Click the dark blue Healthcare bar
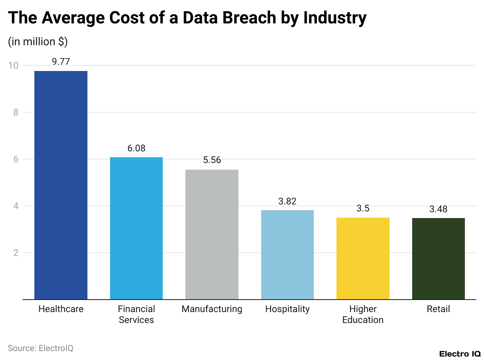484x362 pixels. coord(61,185)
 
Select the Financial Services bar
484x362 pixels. coord(136,228)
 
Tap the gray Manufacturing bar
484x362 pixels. coord(212,234)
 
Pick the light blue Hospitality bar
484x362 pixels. coord(287,255)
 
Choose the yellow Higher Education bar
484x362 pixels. coord(363,259)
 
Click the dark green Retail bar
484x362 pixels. coord(438,259)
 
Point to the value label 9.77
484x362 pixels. coord(61,62)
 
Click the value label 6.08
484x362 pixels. coord(136,148)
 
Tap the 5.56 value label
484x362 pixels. coord(212,160)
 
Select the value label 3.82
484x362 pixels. coord(287,201)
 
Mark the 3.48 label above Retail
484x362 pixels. coord(438,209)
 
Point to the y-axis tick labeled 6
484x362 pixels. coord(16,159)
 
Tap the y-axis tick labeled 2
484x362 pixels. coord(16,253)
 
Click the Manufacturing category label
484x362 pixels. coord(212,309)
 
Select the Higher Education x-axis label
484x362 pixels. coord(363,314)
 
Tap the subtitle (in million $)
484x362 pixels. coord(37,41)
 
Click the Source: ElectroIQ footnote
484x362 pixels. coord(41,348)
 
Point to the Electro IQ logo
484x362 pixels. coord(460,354)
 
